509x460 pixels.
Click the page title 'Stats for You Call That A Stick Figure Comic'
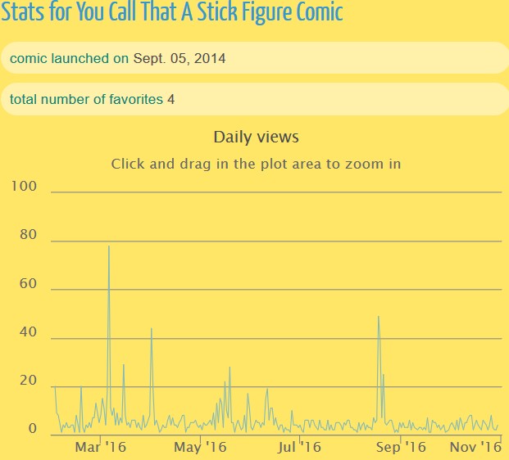click(x=172, y=12)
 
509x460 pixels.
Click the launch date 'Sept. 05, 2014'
click(x=180, y=58)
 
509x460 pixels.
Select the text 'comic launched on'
click(x=69, y=58)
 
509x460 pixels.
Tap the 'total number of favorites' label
click(x=86, y=99)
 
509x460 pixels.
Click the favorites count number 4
click(x=170, y=99)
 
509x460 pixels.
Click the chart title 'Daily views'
click(x=256, y=137)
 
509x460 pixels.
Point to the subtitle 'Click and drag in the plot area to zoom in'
click(x=256, y=164)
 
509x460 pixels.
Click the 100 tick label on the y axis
click(x=25, y=187)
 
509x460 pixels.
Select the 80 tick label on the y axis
click(x=29, y=236)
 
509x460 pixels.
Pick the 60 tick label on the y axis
click(x=29, y=284)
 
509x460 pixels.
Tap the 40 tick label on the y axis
click(x=29, y=332)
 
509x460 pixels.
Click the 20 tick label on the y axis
click(x=29, y=381)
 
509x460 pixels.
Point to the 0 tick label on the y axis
click(x=33, y=429)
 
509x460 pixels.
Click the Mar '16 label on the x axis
click(x=101, y=447)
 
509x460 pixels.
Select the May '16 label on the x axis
click(x=201, y=447)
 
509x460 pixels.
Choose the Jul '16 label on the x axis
click(x=299, y=447)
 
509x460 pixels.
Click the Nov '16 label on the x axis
click(x=476, y=447)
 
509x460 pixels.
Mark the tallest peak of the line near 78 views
click(x=109, y=246)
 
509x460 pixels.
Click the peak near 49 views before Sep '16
click(x=378, y=317)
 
